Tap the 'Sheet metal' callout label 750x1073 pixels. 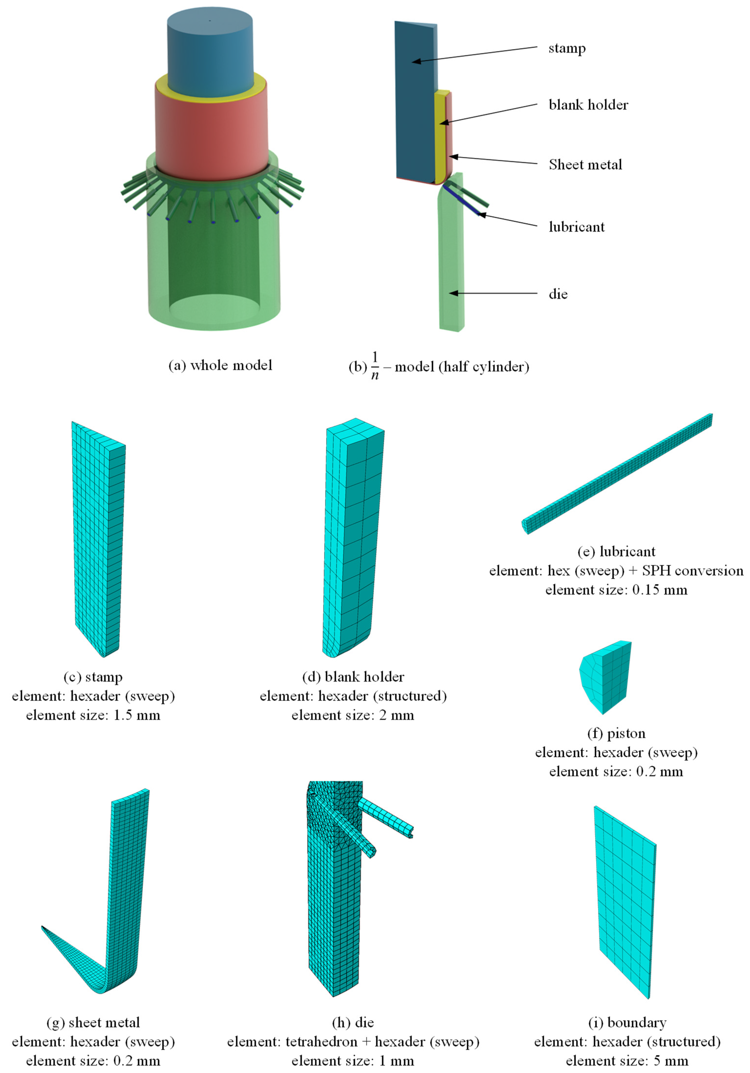pos(586,165)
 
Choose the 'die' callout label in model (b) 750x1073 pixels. pos(558,294)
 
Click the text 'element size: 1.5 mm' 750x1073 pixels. pos(93,715)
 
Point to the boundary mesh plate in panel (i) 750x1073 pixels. pos(625,902)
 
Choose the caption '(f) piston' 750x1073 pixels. pos(616,733)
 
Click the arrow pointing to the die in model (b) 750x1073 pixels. pos(494,294)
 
